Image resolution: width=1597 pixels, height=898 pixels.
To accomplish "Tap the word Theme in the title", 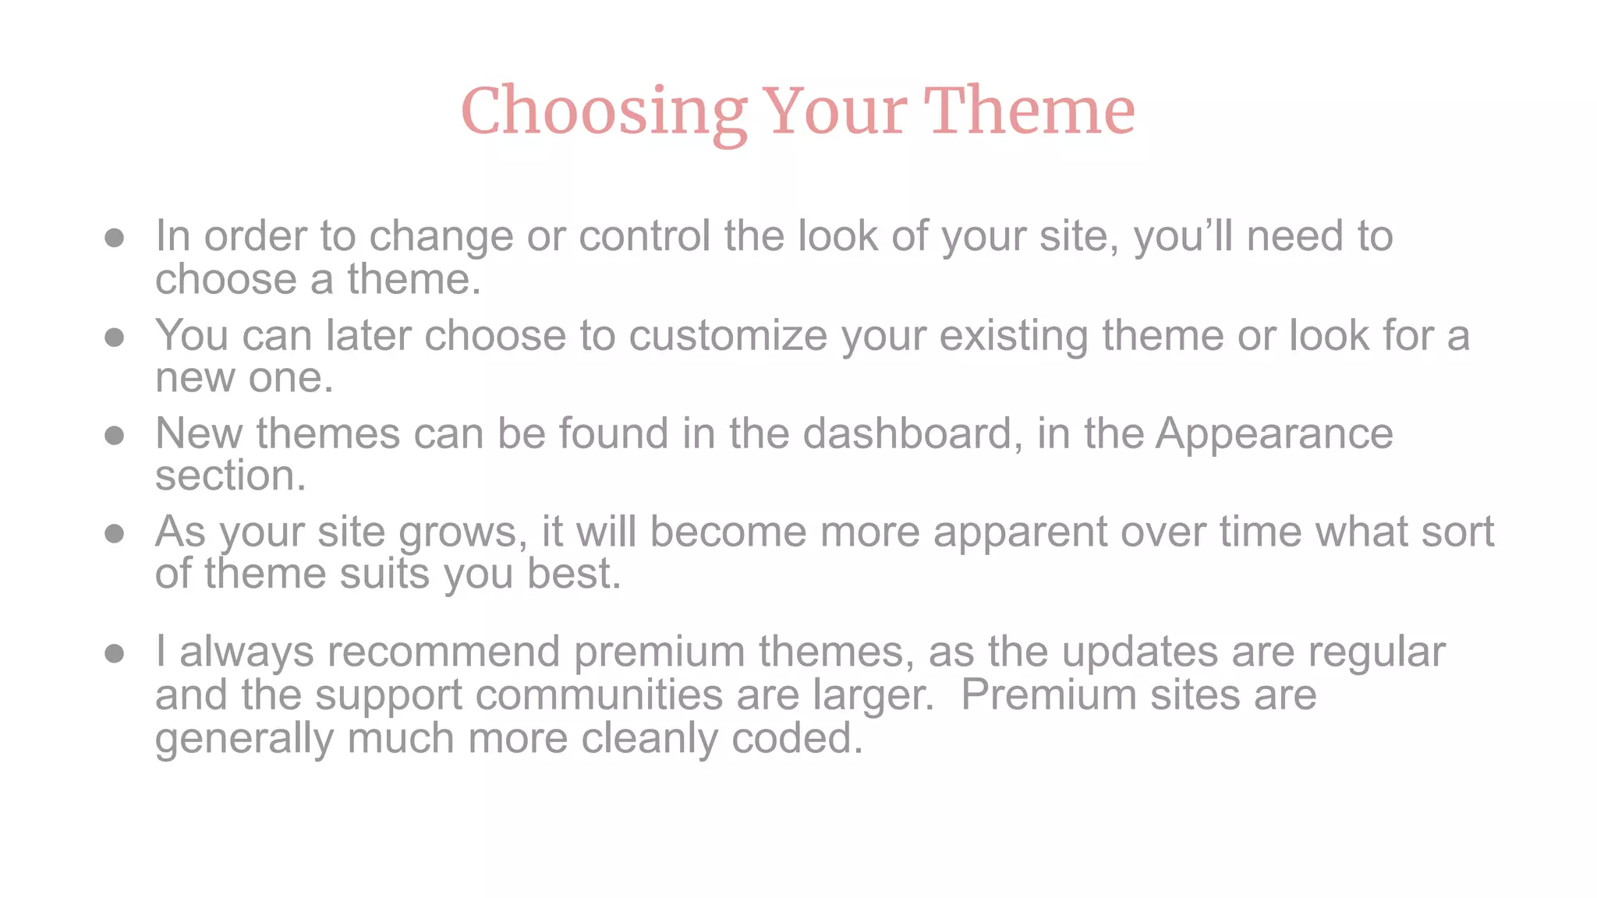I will pyautogui.click(x=1029, y=111).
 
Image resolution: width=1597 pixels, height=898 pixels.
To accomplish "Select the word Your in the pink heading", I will pyautogui.click(x=834, y=111).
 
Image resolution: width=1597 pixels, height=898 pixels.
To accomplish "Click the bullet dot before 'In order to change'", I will pyautogui.click(x=115, y=238).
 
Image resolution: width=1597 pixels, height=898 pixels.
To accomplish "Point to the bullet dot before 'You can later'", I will pyautogui.click(x=115, y=337).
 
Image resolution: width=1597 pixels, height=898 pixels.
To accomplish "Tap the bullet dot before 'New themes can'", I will pyautogui.click(x=115, y=435).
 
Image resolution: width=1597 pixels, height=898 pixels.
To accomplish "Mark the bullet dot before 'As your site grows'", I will pyautogui.click(x=115, y=533).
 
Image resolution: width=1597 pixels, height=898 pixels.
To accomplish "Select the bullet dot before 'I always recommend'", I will pyautogui.click(x=115, y=653).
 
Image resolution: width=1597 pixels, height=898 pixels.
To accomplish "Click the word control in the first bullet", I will pyautogui.click(x=644, y=235).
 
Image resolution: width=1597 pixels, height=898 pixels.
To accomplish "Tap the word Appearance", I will pyautogui.click(x=1274, y=433).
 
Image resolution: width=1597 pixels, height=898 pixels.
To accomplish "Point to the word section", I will pyautogui.click(x=230, y=476).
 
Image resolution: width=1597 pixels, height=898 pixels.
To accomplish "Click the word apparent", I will pyautogui.click(x=1020, y=533).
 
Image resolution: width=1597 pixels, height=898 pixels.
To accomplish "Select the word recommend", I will pyautogui.click(x=443, y=652).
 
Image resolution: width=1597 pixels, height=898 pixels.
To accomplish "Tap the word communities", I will pyautogui.click(x=599, y=695).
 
